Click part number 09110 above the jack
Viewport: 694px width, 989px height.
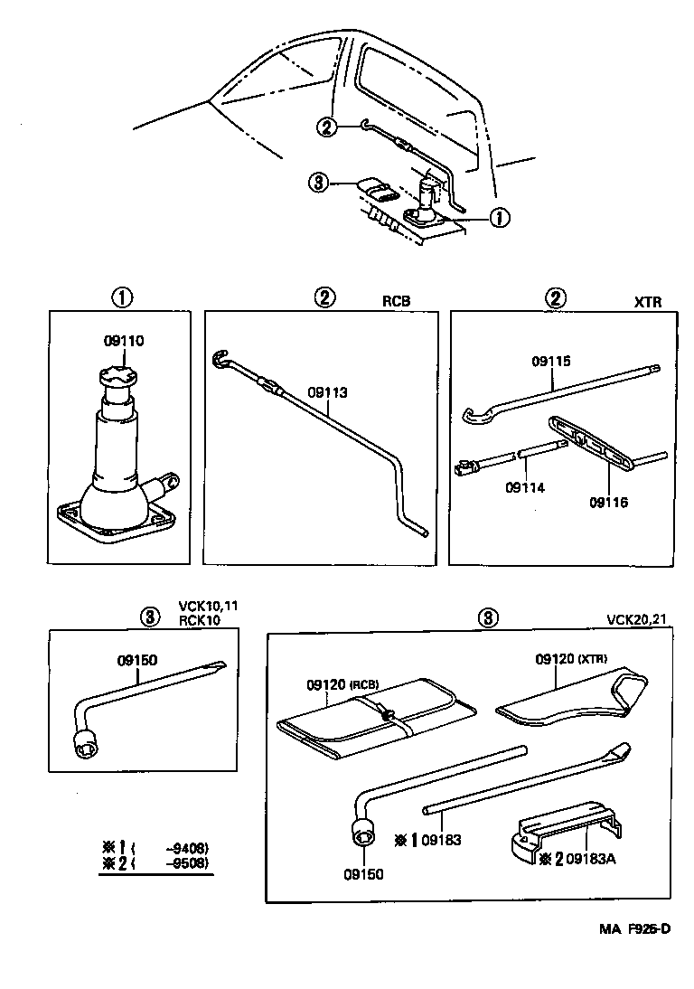[x=124, y=341]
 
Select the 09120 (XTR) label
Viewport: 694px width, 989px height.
[x=571, y=659]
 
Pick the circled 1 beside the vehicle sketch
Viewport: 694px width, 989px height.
[x=498, y=217]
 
